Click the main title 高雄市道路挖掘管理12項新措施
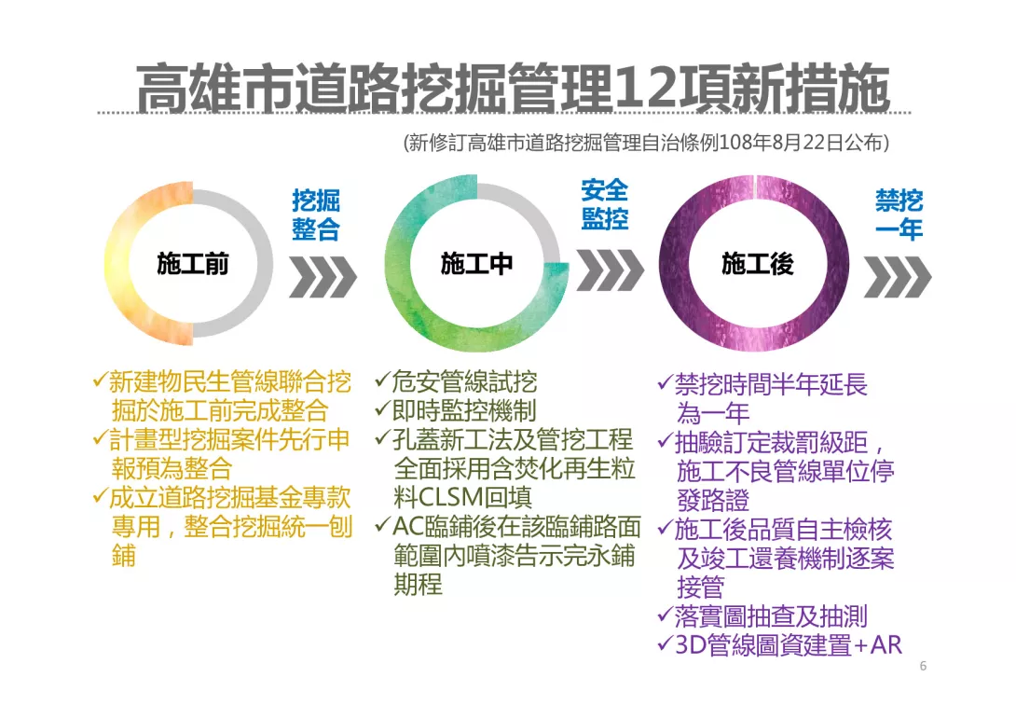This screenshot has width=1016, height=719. pos(513,88)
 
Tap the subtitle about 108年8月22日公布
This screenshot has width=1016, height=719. pos(646,142)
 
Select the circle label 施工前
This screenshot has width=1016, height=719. pos(192,264)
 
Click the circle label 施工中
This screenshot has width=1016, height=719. pos(476,264)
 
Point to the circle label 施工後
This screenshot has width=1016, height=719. pos(758,264)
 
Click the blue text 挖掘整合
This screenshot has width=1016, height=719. pos(316,214)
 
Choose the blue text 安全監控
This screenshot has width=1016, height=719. pos(605,204)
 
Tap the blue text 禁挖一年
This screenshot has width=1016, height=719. pos(899,214)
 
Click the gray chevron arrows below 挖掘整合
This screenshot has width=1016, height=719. pos(323,278)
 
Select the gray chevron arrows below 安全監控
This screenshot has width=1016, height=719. pos(611,270)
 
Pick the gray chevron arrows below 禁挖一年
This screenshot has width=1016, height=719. pos(898,278)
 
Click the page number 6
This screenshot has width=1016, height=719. pos(923,666)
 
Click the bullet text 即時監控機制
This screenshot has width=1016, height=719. pos(464,410)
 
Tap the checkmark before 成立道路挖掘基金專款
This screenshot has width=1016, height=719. pos(100,496)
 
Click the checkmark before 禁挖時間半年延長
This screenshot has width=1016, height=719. pos(666,382)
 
